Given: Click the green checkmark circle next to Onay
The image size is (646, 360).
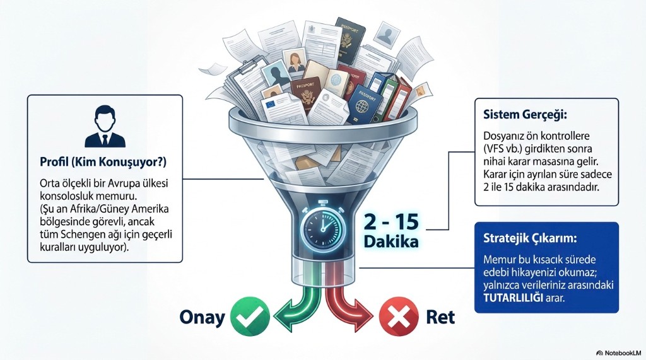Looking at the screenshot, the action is [x=250, y=316].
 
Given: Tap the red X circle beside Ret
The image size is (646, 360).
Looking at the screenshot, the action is [x=399, y=316].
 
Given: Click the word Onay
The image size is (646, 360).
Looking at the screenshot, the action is [x=203, y=317].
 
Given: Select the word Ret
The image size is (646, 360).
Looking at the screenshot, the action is [x=440, y=316].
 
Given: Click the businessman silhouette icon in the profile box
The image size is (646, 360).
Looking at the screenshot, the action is [x=105, y=127].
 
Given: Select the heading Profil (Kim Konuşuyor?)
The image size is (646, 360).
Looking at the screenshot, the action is [x=103, y=161].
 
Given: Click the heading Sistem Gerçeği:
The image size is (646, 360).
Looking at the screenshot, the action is [x=525, y=115].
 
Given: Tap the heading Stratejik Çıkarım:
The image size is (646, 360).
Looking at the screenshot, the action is [x=530, y=238].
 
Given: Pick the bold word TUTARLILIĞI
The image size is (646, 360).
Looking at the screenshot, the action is [x=514, y=298].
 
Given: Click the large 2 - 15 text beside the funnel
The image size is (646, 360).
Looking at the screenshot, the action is [x=391, y=223].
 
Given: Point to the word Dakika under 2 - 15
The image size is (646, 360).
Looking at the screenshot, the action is [x=391, y=241].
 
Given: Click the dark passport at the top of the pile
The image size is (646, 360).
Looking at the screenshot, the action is [x=349, y=40].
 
